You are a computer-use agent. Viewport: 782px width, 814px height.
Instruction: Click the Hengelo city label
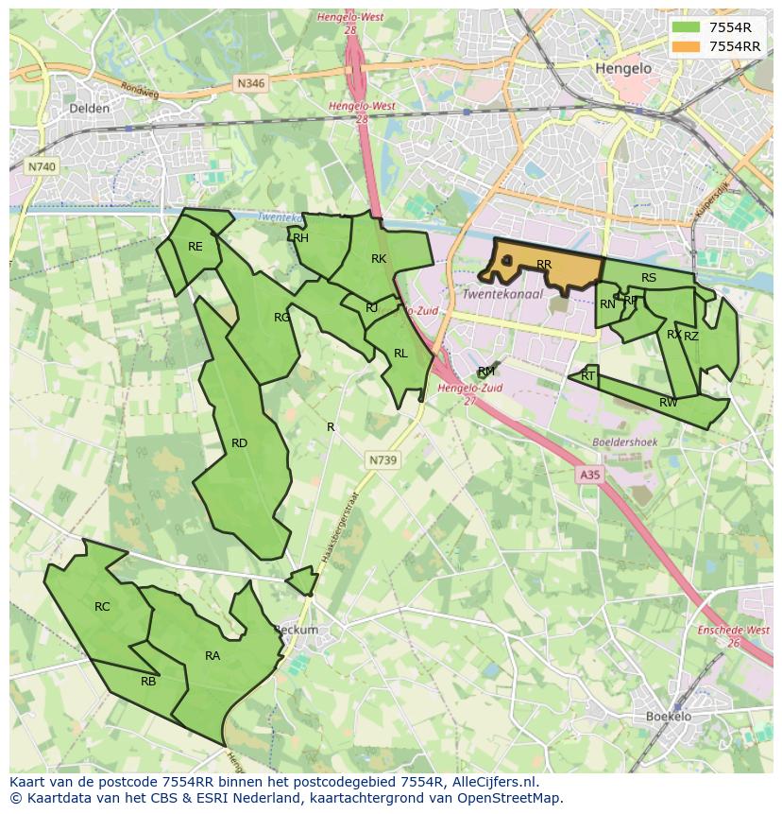[624, 69]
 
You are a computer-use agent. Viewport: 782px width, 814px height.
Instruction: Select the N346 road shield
[250, 83]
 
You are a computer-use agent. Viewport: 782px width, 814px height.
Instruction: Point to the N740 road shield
[41, 166]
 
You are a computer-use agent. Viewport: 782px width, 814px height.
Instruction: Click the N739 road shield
[382, 459]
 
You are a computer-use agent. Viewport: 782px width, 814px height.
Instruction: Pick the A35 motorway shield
[589, 476]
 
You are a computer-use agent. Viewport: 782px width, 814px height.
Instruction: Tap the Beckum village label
[296, 630]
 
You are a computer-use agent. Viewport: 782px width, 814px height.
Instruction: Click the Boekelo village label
[669, 717]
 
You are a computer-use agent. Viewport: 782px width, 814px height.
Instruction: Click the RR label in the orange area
[544, 265]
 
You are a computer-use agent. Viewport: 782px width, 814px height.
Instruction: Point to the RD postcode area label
[239, 443]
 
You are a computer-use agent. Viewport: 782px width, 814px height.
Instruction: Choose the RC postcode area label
[102, 607]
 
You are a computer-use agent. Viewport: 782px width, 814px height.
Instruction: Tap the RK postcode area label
[379, 259]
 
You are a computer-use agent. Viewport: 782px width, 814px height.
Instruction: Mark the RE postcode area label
[195, 247]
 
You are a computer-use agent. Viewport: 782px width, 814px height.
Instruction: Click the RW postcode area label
[669, 403]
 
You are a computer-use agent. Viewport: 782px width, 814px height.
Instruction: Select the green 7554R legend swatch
[686, 27]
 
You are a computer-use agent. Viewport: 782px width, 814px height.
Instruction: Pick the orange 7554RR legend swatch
[686, 46]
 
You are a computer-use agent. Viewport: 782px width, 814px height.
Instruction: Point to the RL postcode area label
[400, 354]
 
